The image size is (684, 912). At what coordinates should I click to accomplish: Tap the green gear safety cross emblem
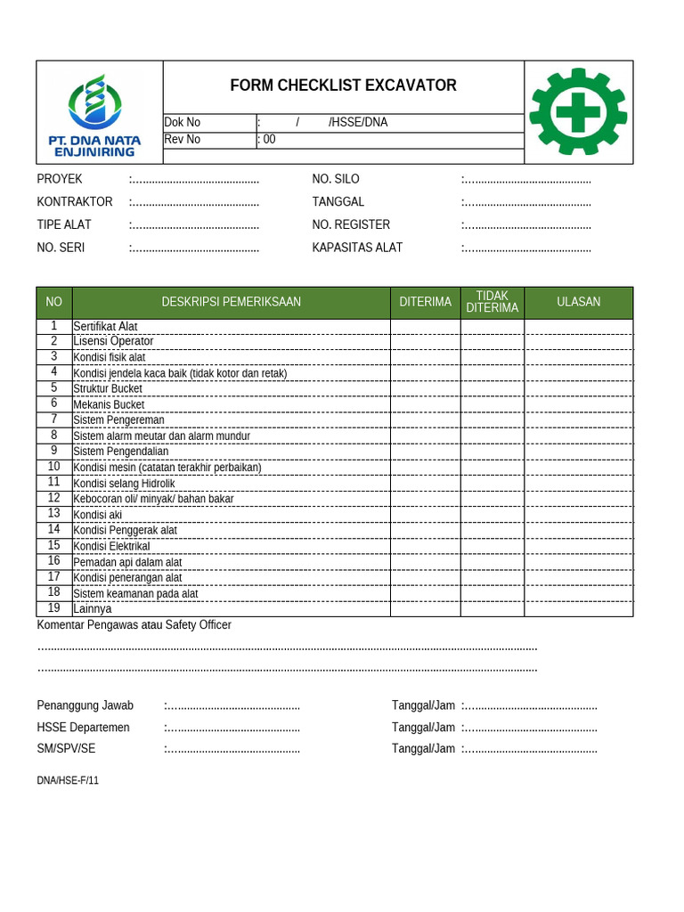(578, 111)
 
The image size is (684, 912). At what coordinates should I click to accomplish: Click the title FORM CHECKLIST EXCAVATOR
(343, 85)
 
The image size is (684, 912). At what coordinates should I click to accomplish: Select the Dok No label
(183, 123)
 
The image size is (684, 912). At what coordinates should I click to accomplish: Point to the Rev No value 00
(269, 140)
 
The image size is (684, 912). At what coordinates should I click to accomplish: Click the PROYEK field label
(60, 179)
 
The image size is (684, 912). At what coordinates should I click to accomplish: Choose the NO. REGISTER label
(351, 224)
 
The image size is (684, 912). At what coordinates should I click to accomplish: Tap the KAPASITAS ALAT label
(357, 248)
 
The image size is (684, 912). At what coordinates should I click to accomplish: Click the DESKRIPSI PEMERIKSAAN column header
(231, 302)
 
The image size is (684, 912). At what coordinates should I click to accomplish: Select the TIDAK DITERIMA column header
(492, 302)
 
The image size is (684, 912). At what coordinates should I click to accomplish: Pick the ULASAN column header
(578, 302)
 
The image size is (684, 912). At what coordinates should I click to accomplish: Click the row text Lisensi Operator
(113, 341)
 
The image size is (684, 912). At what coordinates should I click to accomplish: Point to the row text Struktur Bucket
(108, 388)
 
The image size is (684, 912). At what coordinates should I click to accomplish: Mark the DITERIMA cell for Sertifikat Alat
(425, 326)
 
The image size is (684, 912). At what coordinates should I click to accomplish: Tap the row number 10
(54, 467)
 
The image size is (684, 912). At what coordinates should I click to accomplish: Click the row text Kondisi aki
(98, 515)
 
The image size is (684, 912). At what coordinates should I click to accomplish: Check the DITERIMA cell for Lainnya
(425, 609)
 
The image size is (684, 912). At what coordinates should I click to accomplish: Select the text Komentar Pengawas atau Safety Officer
(134, 625)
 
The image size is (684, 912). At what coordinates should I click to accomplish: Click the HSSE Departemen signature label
(83, 728)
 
